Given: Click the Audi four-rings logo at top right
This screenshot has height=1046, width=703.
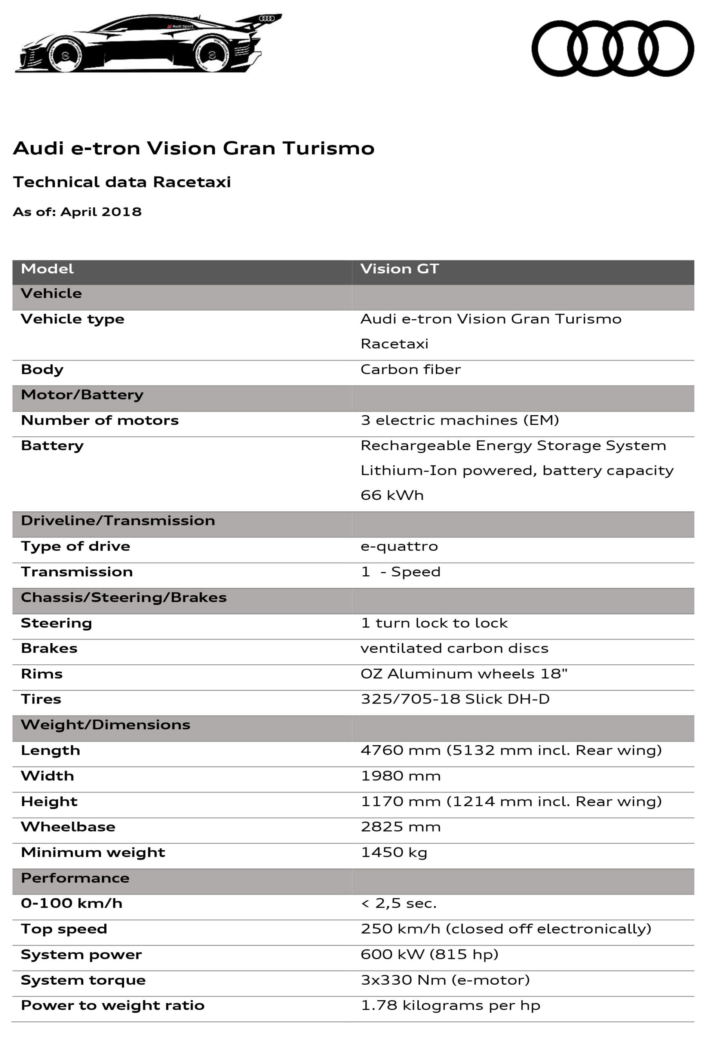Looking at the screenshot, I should (612, 48).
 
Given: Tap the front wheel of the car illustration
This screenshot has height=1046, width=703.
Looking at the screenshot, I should (66, 55).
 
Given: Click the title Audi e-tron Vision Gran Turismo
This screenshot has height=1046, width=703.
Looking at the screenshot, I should (193, 148).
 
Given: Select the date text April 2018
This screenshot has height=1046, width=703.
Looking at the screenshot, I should (101, 212).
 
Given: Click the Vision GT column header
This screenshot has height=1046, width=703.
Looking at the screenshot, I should (399, 269).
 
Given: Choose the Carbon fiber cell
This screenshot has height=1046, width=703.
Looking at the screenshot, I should (410, 369).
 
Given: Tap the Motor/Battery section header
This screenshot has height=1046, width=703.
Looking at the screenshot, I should (82, 395).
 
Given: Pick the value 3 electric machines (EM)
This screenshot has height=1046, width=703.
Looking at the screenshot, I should (459, 420).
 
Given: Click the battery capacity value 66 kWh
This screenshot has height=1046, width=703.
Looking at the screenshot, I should (392, 495).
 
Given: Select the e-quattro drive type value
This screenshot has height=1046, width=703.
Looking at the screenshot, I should (399, 546).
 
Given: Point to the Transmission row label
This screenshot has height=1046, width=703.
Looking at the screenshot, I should (77, 572).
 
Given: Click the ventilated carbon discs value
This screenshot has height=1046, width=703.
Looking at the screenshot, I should (454, 648).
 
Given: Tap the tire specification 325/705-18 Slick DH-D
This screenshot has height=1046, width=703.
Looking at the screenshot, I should (454, 699).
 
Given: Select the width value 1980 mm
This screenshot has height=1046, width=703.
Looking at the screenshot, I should (401, 776).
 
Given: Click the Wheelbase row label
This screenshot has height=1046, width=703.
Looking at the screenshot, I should (68, 827).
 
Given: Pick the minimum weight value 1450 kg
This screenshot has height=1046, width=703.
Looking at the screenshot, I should (394, 852).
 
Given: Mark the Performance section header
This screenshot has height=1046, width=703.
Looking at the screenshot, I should (75, 878).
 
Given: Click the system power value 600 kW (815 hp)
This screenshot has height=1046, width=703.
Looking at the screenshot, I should (429, 954).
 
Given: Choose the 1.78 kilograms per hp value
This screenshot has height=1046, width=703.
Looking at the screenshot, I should (450, 1006).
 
